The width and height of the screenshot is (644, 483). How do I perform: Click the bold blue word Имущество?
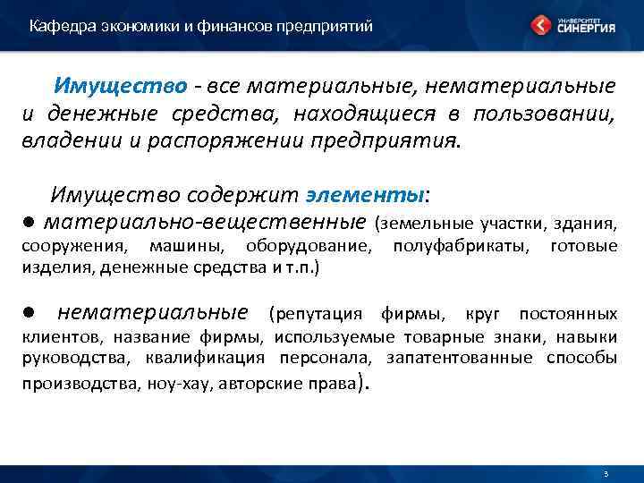tap(121, 87)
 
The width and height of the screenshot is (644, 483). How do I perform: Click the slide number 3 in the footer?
tap(606, 473)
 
